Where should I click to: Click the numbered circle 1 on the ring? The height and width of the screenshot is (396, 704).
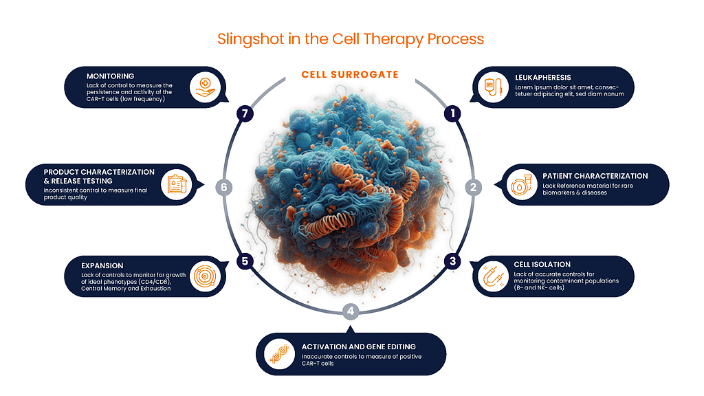[451, 113]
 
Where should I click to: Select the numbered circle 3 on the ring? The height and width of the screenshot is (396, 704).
[452, 261]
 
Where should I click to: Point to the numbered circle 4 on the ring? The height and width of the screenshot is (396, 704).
[351, 311]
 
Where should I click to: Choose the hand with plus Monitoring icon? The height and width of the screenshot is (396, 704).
[204, 88]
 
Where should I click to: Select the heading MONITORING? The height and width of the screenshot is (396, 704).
[110, 76]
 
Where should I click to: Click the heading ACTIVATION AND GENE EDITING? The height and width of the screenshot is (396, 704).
[358, 346]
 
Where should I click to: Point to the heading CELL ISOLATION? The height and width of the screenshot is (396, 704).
[542, 265]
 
